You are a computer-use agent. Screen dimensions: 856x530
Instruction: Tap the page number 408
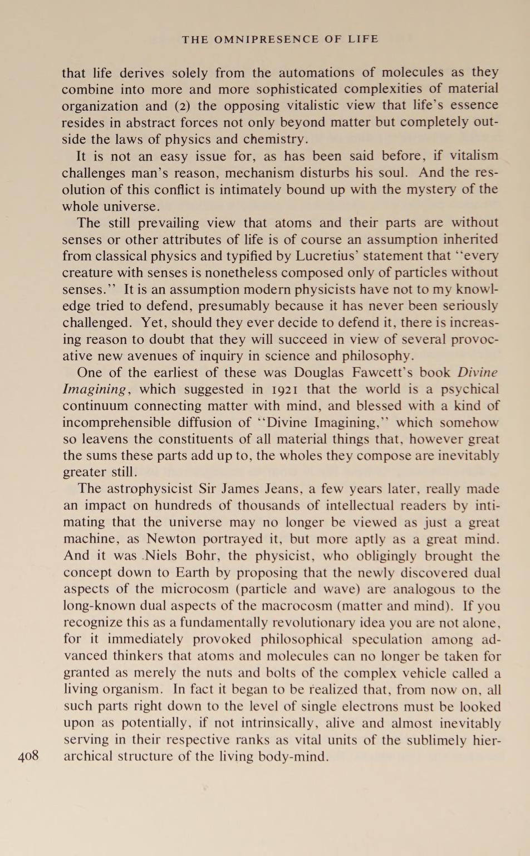tap(28, 756)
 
